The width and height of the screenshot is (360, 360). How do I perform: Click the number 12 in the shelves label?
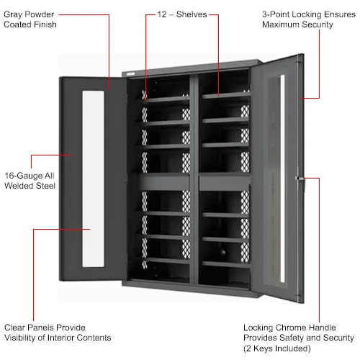(162, 14)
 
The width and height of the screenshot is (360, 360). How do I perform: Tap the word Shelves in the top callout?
(192, 14)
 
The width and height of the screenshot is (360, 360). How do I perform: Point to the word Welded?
(19, 186)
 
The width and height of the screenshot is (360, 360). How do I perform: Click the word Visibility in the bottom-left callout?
(20, 338)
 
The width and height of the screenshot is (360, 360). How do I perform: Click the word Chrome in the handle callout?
(289, 328)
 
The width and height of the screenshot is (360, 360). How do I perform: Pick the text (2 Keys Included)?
(277, 348)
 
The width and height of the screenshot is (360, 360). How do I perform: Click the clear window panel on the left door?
(93, 179)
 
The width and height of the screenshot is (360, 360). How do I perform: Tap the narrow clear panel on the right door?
(282, 179)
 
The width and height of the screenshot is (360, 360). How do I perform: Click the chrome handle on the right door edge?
(300, 179)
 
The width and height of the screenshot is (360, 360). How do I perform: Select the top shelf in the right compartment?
(226, 96)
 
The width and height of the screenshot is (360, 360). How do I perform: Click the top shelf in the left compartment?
(165, 99)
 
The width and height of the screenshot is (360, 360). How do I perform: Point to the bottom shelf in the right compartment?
(226, 264)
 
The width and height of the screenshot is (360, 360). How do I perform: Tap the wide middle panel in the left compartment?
(163, 181)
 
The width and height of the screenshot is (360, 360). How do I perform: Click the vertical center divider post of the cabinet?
(194, 179)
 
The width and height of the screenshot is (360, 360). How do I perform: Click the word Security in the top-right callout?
(318, 24)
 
